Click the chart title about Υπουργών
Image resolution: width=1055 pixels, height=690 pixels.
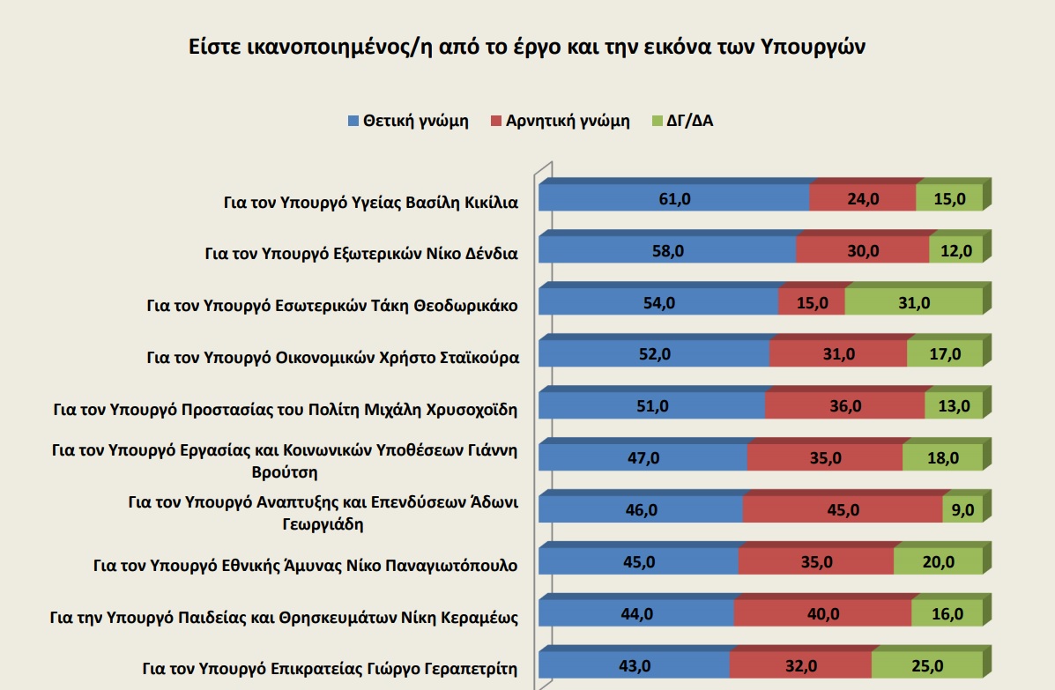[527, 47]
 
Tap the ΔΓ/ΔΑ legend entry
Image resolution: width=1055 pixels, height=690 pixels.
[688, 122]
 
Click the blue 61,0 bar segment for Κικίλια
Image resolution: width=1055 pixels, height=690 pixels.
[673, 199]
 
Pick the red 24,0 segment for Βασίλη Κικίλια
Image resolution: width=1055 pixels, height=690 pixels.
[862, 199]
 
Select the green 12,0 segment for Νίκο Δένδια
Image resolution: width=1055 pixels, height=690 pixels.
[955, 251]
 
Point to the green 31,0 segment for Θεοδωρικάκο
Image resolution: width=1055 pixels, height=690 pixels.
[913, 303]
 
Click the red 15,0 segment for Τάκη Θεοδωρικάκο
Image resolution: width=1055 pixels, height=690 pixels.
[811, 303]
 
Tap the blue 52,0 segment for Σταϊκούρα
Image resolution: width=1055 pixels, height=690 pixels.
[653, 354]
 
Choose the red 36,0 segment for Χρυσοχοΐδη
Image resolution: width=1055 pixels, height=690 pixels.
[844, 406]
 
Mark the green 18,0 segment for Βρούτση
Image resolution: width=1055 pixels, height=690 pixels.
[942, 458]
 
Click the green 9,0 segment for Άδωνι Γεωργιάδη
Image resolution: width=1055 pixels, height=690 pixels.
[962, 510]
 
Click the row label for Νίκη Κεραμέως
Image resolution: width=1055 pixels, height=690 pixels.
[284, 616]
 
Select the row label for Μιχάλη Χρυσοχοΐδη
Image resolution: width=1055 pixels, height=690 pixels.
[286, 409]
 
